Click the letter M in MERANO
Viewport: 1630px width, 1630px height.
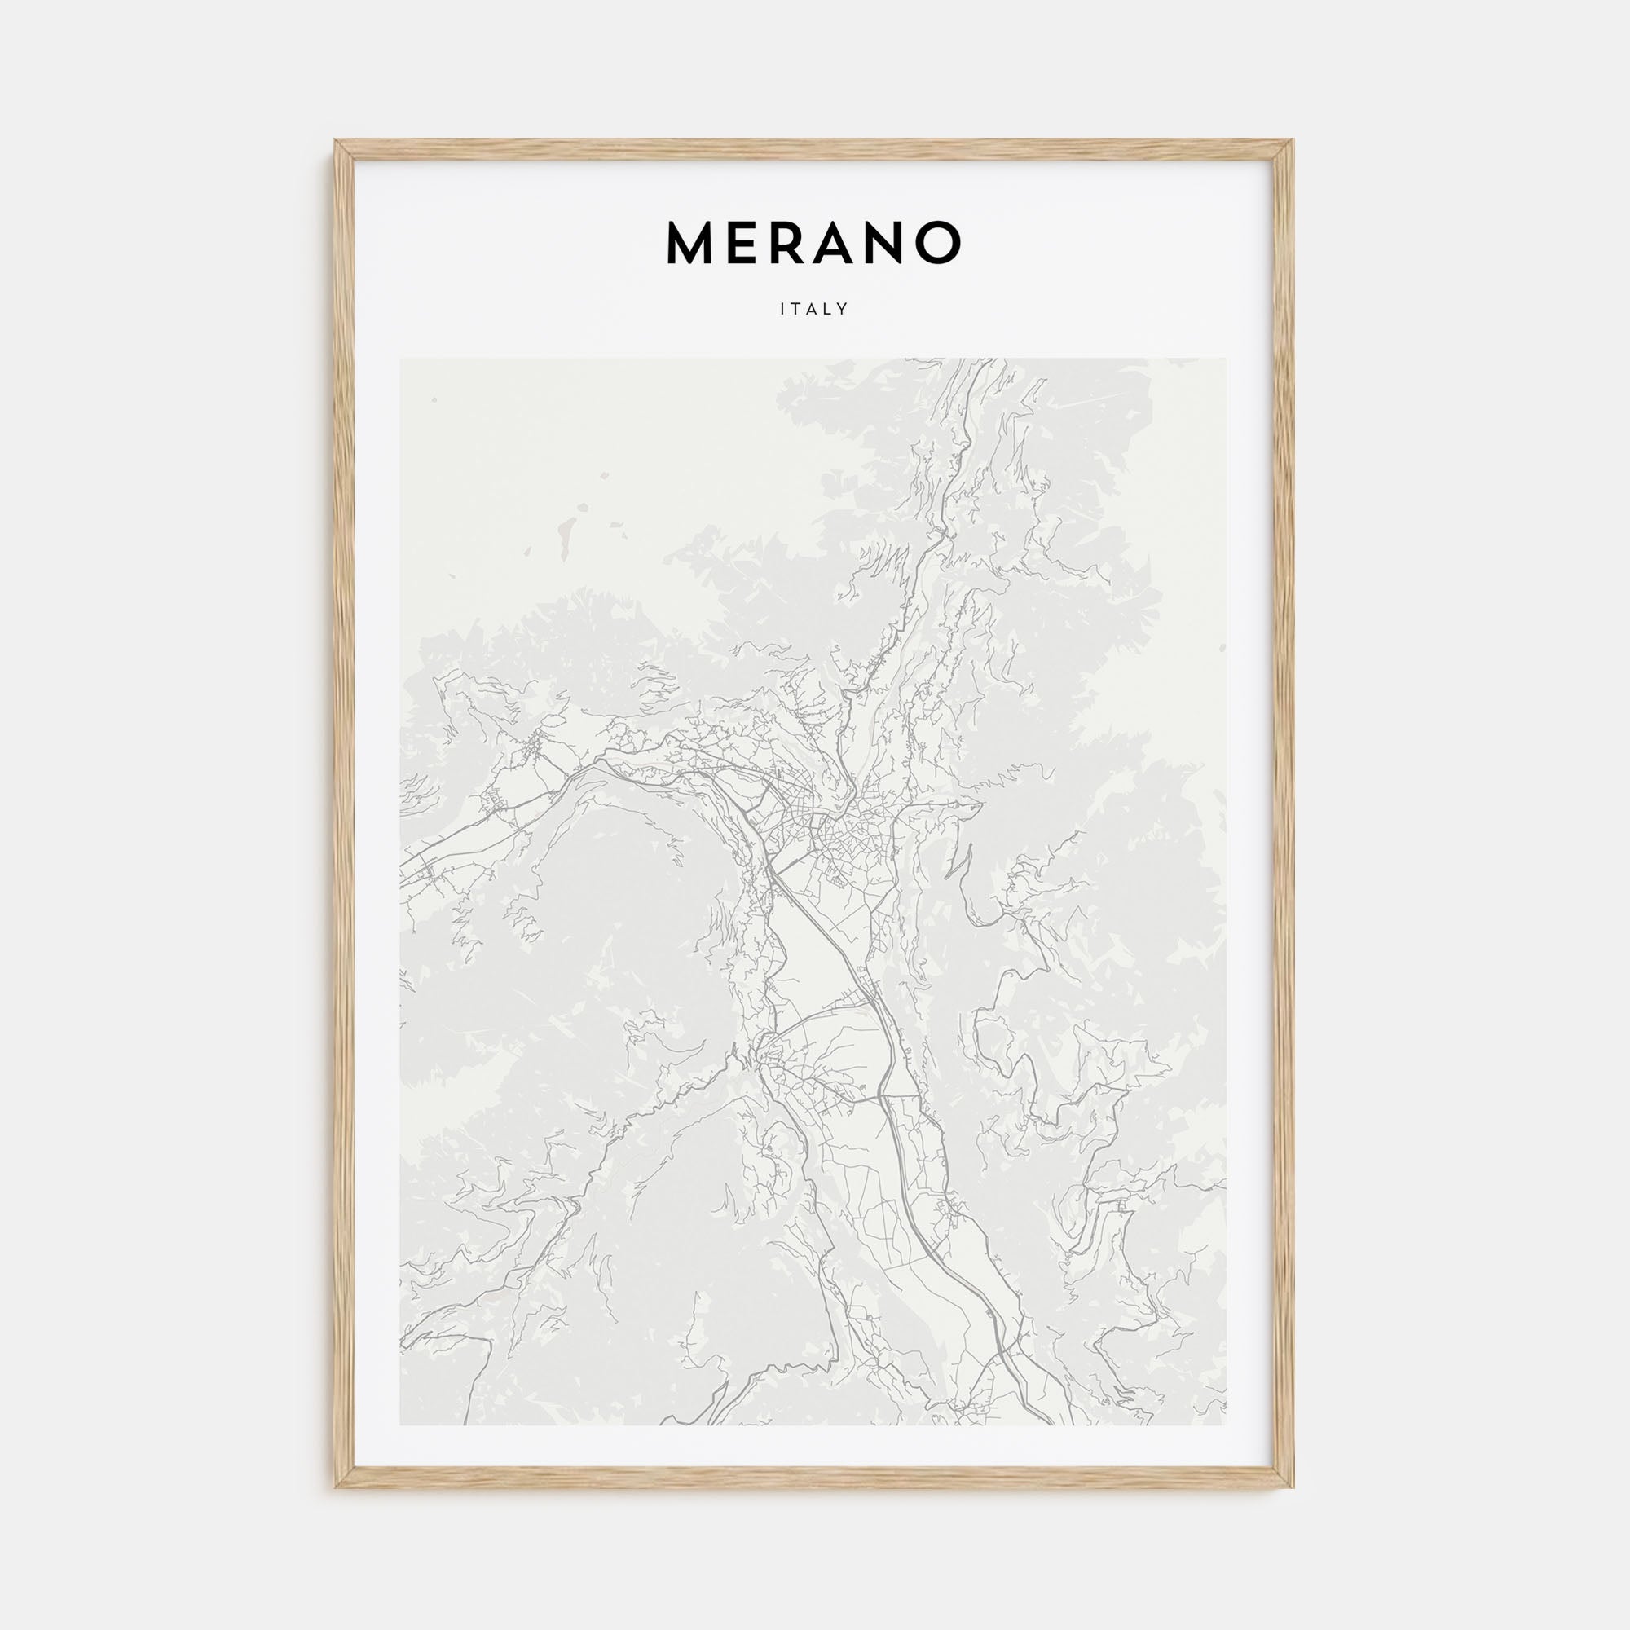690,243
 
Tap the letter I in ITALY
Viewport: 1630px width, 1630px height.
783,310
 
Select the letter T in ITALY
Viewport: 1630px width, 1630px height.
796,310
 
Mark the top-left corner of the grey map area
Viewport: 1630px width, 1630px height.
401,359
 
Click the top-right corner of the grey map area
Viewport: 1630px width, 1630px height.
1227,359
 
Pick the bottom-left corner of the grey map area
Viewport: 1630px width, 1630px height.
401,1425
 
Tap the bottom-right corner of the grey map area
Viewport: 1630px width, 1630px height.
1227,1425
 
